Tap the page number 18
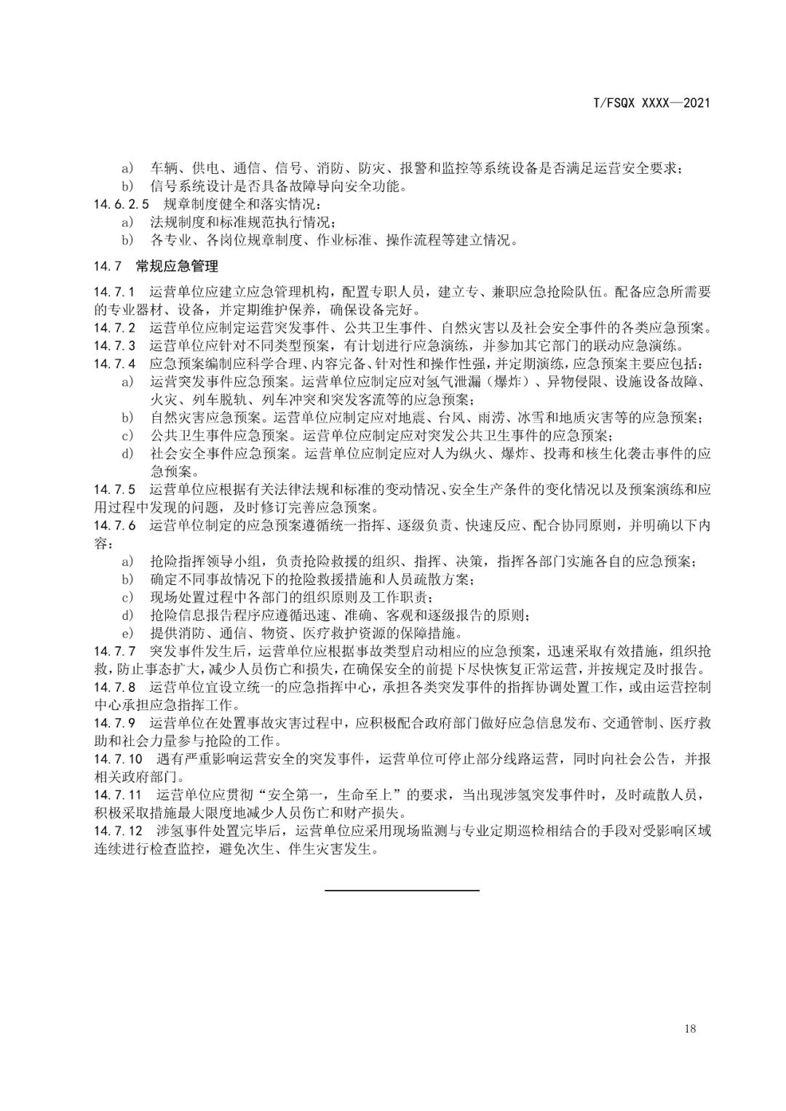coord(690,1028)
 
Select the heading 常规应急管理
coord(177,266)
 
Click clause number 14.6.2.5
coord(122,204)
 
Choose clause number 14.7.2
coord(115,328)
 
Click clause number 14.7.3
coord(115,346)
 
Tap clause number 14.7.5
coord(115,489)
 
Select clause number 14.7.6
coord(115,525)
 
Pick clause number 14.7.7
coord(115,650)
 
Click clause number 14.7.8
coord(115,687)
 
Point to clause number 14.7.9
coord(115,722)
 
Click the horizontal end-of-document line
coord(402,890)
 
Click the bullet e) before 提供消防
coord(127,632)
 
